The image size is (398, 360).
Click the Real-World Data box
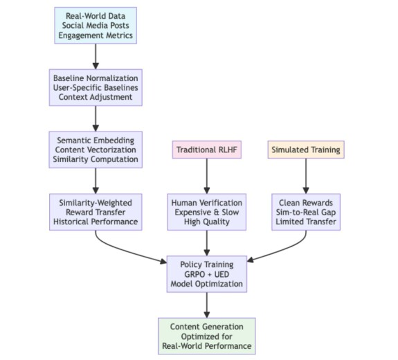[96, 26]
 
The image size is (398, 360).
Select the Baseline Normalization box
[96, 88]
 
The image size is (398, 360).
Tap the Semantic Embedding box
[96, 150]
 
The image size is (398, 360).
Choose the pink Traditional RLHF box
[207, 150]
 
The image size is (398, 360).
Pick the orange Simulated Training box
[306, 150]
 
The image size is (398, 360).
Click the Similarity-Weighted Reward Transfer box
[96, 212]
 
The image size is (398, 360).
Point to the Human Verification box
[207, 212]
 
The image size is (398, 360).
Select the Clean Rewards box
[306, 212]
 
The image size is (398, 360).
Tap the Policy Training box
[207, 274]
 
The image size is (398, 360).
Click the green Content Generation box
[207, 336]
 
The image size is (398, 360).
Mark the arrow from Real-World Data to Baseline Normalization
[96, 56]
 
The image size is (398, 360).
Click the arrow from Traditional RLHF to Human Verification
[207, 176]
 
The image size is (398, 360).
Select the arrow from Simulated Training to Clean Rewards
[306, 176]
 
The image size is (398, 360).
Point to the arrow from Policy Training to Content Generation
[207, 305]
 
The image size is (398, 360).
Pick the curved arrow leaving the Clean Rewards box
[287, 249]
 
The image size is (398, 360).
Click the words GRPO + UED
[207, 274]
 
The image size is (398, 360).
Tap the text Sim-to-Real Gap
[306, 213]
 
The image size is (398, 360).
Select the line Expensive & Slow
[207, 213]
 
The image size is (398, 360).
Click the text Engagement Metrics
[96, 35]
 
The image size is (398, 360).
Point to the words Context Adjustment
[96, 97]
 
